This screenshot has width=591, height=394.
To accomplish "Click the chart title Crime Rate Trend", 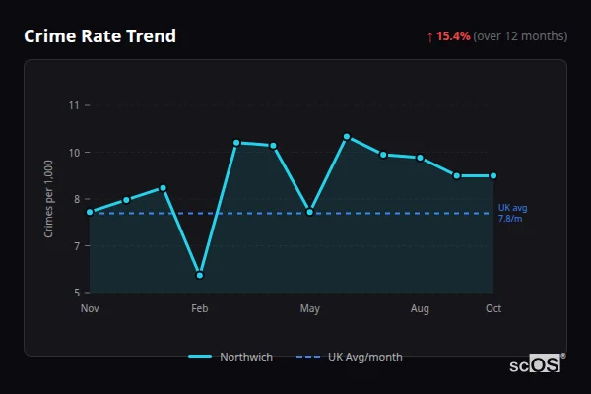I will [99, 36].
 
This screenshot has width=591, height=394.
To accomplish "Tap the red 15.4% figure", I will [454, 36].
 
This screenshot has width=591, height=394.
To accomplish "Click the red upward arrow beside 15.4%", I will [430, 36].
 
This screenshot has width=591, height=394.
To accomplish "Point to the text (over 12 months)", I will [520, 36].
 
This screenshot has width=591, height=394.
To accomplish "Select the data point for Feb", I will [200, 275].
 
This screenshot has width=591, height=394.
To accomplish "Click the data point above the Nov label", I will [90, 212].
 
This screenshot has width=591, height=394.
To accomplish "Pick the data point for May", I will [310, 212].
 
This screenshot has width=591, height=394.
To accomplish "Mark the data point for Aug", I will [420, 158].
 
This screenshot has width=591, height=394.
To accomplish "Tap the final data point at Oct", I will [493, 176].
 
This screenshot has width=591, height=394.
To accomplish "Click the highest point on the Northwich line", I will [347, 136].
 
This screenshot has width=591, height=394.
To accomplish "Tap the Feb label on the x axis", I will [200, 309].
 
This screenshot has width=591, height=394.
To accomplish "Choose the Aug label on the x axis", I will [420, 309].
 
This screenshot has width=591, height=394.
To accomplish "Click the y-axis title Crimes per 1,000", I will [49, 199].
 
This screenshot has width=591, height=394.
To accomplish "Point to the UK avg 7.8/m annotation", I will [513, 213].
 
